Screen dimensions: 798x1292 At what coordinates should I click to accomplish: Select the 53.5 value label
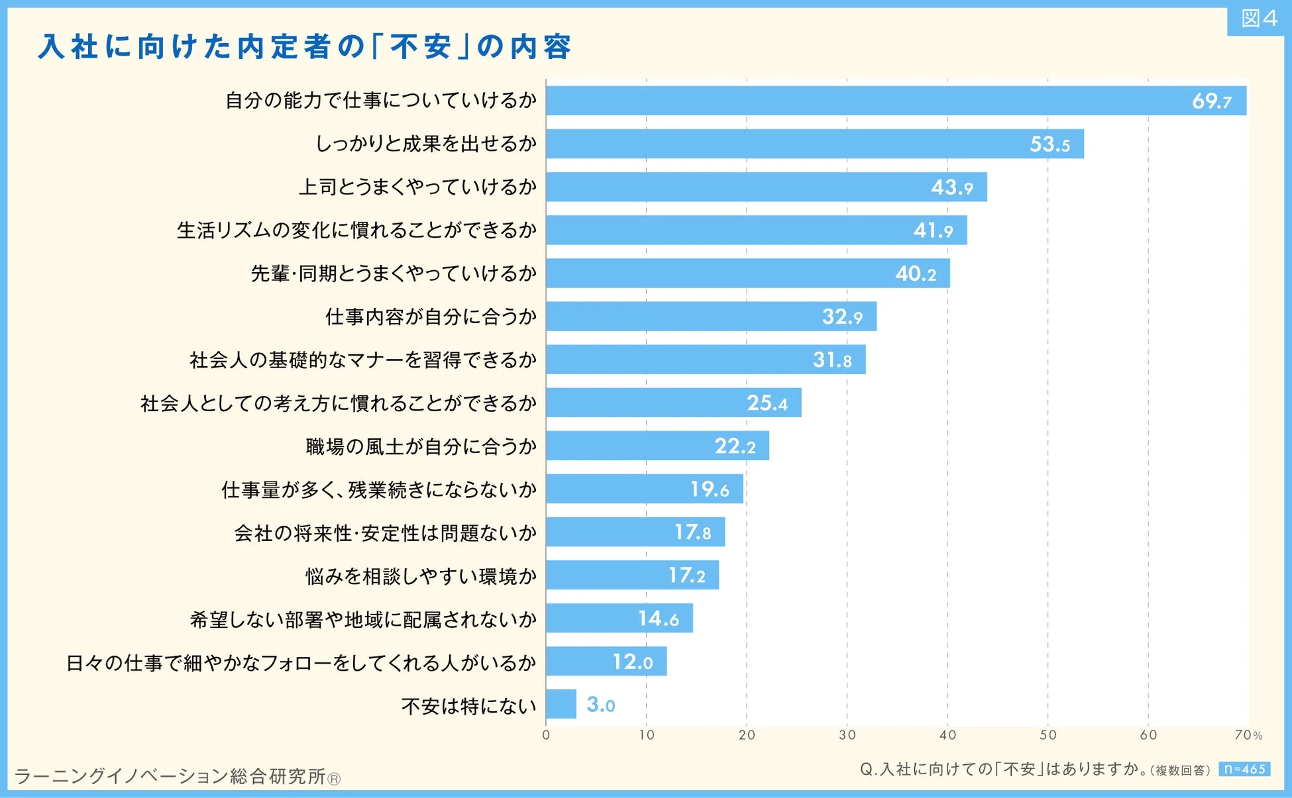pos(1050,144)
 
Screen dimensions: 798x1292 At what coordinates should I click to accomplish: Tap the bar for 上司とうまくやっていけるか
pos(765,187)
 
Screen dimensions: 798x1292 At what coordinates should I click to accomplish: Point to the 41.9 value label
pos(933,230)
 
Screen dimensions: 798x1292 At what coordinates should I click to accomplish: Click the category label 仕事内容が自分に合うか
pos(431,317)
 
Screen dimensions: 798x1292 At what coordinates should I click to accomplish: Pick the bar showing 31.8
pos(705,360)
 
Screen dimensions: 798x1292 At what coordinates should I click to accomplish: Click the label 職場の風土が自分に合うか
pos(421,446)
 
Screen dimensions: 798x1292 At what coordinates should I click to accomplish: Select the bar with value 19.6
pos(644,489)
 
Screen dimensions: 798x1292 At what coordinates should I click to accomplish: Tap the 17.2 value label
pos(686,575)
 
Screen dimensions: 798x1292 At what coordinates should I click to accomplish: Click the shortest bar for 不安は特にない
pos(561,704)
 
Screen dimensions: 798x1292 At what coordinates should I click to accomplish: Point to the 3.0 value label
pos(600,705)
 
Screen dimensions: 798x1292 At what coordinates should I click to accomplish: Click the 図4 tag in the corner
pos(1258,19)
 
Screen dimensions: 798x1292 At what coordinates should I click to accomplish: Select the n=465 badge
pos(1244,769)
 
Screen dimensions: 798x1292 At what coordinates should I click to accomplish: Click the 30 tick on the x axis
pos(847,735)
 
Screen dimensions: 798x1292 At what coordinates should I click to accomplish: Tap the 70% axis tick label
pos(1248,735)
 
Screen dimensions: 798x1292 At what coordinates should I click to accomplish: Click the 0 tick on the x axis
pos(546,735)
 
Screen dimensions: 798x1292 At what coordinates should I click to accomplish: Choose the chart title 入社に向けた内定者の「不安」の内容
pos(305,46)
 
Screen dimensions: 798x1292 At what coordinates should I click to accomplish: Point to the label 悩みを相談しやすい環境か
pos(421,576)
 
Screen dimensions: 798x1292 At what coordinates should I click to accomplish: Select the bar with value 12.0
pos(606,662)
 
